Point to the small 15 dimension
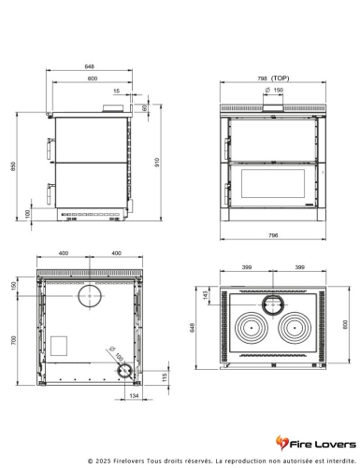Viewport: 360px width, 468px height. [x=116, y=92]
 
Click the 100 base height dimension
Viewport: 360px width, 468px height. [x=28, y=213]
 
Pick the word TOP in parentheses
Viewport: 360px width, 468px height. [x=293, y=79]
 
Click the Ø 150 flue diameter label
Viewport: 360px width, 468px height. [x=274, y=90]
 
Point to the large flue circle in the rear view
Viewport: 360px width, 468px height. [x=91, y=297]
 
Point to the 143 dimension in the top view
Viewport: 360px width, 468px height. [x=207, y=295]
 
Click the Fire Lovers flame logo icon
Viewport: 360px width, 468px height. [x=282, y=440]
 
